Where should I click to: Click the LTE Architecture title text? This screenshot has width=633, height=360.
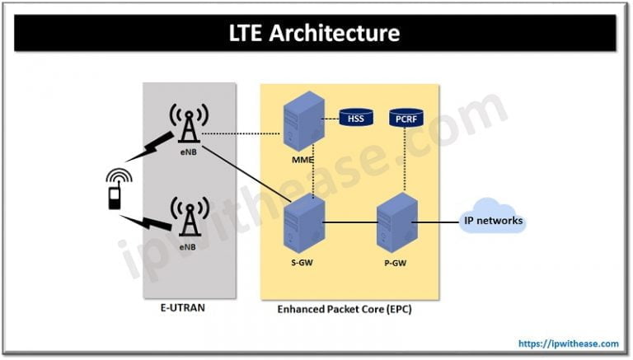pos(316,33)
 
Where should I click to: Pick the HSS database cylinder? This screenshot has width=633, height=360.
pos(355,119)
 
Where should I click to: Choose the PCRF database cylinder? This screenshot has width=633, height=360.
pos(406,119)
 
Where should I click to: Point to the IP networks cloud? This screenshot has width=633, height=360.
pos(493,220)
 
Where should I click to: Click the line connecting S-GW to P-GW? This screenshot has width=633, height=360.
pos(348,221)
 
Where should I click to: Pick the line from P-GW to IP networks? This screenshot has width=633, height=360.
pos(437,221)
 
